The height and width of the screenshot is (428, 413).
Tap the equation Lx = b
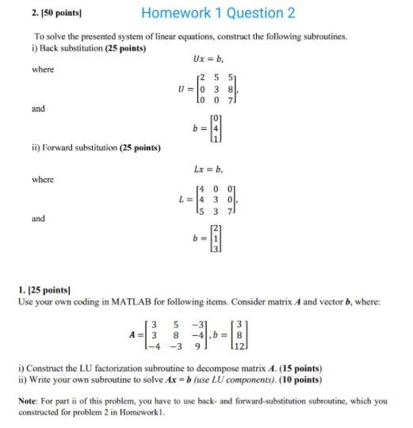click(208, 169)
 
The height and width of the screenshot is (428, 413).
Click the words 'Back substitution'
click(72, 49)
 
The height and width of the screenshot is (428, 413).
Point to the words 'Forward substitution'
click(82, 148)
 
